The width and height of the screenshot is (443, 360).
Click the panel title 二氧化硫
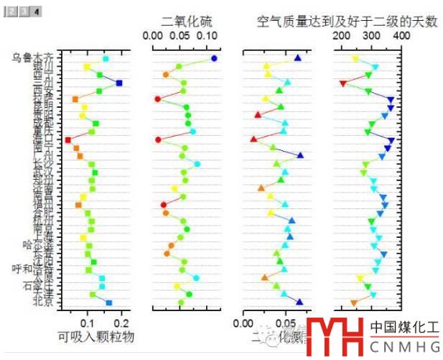pos(180,22)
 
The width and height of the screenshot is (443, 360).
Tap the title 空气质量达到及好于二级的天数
pos(346,22)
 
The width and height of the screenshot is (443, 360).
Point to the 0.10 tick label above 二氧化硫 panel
pos(207,35)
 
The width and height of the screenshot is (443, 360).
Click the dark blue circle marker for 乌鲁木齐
pos(214,58)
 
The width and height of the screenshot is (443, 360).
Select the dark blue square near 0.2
pos(119,83)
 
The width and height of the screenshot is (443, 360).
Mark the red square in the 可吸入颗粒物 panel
pos(68,140)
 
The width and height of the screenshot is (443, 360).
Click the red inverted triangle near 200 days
pos(343,84)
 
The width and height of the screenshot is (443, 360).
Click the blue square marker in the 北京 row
pos(109,303)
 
